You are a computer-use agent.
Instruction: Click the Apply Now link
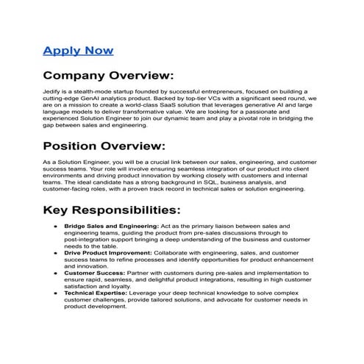(78, 50)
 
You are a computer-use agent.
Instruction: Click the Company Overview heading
(108, 76)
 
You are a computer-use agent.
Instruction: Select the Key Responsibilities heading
(111, 210)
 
